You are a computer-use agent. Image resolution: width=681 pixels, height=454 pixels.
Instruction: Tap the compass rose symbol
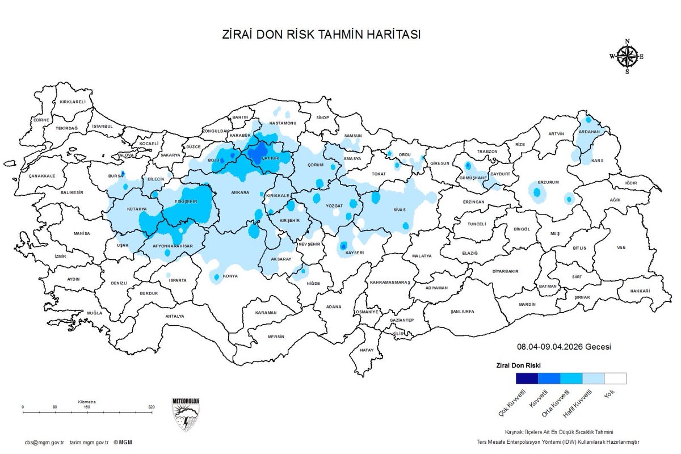627,56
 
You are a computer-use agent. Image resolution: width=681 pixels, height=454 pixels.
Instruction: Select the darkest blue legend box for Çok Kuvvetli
527,379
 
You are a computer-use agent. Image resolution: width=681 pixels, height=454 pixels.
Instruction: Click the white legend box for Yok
615,379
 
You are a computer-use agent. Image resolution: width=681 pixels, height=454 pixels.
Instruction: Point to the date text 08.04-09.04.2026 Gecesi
564,347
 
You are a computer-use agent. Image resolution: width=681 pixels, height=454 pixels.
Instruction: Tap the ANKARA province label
239,193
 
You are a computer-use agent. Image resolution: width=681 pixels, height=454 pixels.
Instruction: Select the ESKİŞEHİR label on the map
186,201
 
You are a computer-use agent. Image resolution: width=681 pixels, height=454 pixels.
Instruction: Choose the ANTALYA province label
175,316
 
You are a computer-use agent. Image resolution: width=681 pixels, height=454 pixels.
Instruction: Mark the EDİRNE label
41,120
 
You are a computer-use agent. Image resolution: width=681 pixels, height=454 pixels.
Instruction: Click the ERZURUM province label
549,182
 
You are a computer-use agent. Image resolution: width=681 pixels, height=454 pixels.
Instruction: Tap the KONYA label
230,276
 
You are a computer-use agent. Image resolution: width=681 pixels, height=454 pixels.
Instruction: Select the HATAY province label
367,350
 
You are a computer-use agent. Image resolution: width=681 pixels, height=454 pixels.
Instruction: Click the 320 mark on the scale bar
152,407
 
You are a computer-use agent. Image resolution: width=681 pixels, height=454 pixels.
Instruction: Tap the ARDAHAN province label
588,132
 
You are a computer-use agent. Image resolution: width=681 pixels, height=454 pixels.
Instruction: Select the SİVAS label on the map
400,209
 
